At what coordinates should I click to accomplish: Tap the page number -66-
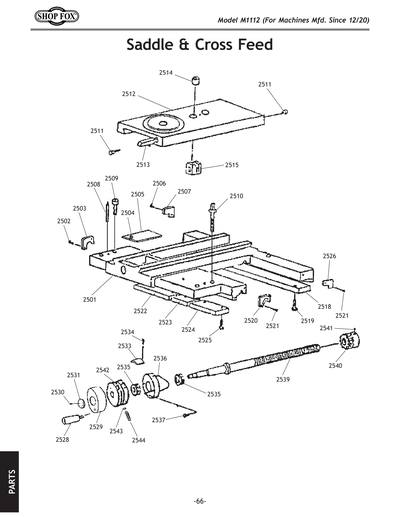coord(200,501)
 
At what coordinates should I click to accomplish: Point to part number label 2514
coord(166,73)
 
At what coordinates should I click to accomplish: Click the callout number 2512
coord(129,93)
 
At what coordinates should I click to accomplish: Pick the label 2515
coord(231,164)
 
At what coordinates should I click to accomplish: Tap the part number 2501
coord(89,299)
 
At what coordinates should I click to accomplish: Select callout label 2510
coord(236,196)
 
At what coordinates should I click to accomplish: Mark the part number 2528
coord(62,440)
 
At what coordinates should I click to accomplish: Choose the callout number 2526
coord(329,256)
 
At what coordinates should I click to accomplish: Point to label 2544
coord(138,440)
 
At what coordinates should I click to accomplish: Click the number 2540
coord(335,366)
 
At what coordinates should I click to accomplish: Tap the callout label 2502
coord(64,220)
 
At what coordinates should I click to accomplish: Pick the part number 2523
coord(165,322)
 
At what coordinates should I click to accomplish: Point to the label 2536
coord(160,358)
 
